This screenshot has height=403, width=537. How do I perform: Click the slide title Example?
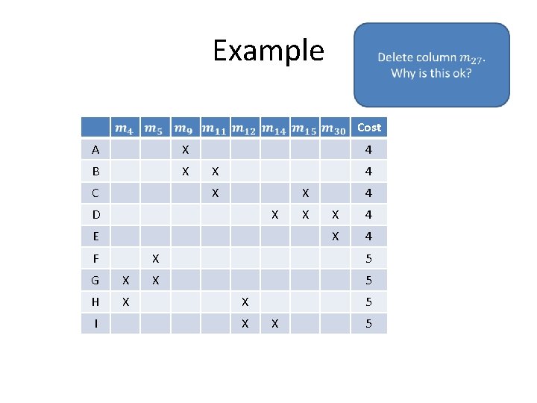pos(268,51)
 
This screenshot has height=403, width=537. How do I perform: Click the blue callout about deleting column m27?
pos(431,65)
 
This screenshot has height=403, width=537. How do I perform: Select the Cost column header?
pos(368,128)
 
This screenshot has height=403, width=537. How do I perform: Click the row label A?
pos(95,150)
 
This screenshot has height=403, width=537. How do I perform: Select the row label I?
pos(95,324)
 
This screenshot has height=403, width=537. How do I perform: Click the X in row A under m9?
pos(186,150)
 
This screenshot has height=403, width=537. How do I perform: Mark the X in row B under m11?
pos(215,172)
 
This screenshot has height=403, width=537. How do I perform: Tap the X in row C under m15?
pos(305,193)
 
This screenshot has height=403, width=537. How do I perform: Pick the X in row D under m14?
pos(275,215)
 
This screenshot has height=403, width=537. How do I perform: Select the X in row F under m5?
pos(155,259)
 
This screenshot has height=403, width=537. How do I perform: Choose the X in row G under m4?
pos(125,281)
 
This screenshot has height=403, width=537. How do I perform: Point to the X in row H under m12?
pos(245,302)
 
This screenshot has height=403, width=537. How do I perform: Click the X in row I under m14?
pos(275,324)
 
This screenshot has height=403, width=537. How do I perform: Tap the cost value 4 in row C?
pos(368,193)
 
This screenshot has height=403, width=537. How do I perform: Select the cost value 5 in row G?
pos(368,281)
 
